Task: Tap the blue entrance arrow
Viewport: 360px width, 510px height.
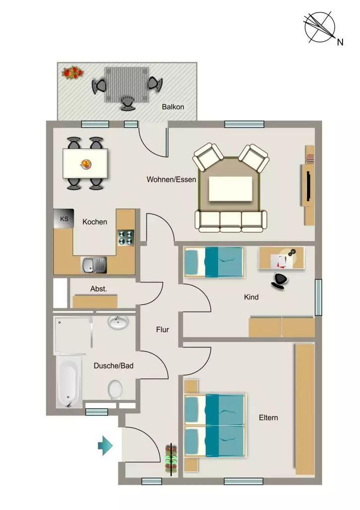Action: tap(106, 445)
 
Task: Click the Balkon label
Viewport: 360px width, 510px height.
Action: tap(173, 107)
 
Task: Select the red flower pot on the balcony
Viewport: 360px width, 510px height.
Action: tap(72, 72)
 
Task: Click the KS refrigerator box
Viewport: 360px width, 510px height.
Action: tap(64, 218)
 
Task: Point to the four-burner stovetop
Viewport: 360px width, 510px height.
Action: tap(126, 238)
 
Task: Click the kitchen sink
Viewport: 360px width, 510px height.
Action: tap(94, 265)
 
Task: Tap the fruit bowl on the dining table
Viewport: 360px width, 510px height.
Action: tap(86, 163)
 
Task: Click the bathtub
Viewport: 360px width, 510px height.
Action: tap(69, 382)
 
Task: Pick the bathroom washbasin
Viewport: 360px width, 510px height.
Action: tap(119, 322)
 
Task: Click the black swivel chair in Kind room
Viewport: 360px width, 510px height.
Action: tap(279, 281)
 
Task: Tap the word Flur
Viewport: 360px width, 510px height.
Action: tap(163, 330)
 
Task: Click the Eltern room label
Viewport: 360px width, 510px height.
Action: tap(268, 418)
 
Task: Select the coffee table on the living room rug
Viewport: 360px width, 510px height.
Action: tap(231, 189)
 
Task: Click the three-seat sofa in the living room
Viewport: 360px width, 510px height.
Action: tap(231, 221)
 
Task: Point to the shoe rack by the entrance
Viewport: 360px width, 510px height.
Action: tap(171, 459)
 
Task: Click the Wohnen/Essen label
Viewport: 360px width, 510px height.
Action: tap(171, 179)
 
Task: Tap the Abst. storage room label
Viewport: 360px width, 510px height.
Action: tap(99, 289)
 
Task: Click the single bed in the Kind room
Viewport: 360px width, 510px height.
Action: tap(214, 262)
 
